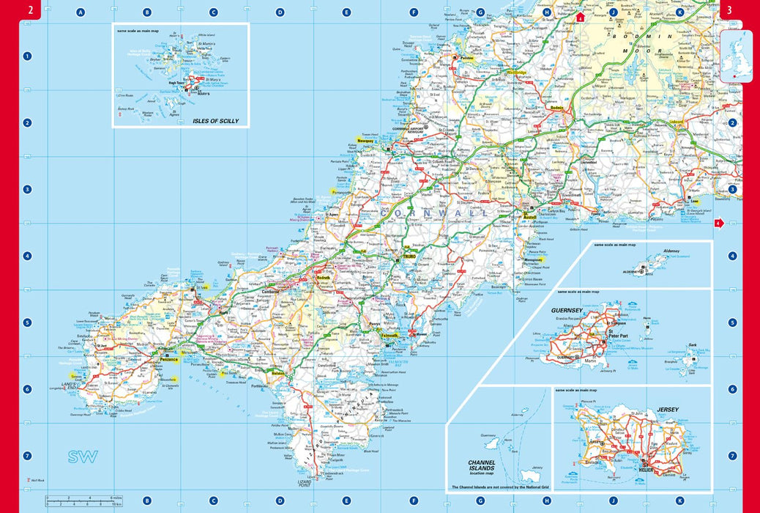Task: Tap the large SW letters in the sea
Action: tap(83, 457)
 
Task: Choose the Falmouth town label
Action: tap(389, 336)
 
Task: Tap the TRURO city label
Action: tap(409, 258)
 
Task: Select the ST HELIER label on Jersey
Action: tap(646, 468)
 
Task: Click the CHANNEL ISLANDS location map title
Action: tap(482, 466)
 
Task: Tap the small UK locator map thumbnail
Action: tap(736, 56)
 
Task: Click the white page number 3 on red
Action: tap(729, 10)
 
